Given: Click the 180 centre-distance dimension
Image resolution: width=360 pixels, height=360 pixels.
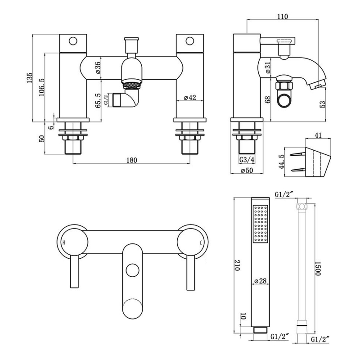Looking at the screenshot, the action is pos(131,160).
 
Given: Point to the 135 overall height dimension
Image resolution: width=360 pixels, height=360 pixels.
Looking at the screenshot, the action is pos(30,78).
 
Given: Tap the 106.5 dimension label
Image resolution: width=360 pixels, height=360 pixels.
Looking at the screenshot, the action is pos(41,87).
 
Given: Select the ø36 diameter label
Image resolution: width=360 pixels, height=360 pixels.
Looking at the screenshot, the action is pos(98,68).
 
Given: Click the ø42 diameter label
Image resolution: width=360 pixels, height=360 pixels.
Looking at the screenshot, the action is pos(190,98).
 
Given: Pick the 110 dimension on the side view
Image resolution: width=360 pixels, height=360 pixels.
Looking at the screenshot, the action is pos(283,17).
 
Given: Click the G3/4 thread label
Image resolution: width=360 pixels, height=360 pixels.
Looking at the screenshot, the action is pos(247,160).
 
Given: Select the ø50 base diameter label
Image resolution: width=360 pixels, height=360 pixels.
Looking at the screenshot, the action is pos(247,170).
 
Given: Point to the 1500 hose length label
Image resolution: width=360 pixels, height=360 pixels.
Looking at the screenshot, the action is pos(318,268).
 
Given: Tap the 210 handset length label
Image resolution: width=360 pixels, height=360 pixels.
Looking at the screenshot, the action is pos(237,265).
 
